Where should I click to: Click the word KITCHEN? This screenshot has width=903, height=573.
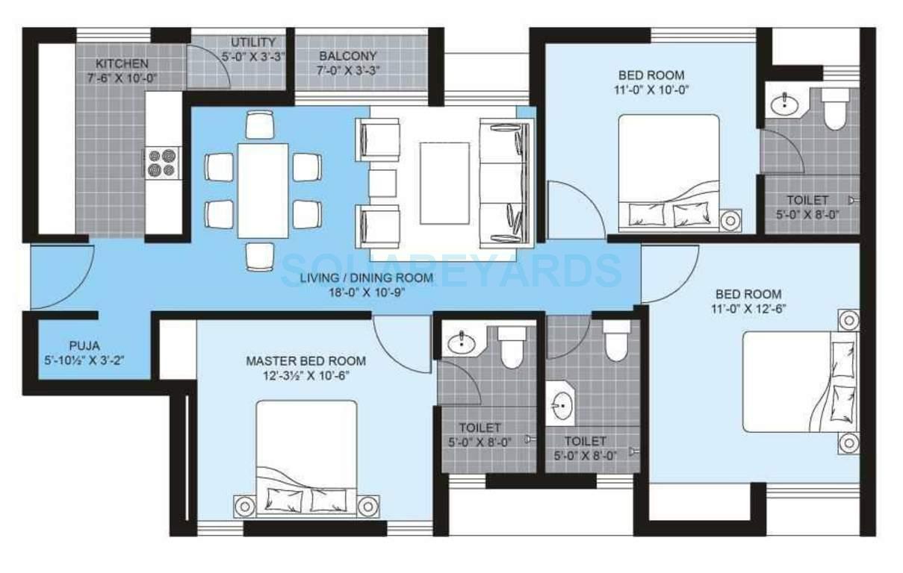tap(122, 64)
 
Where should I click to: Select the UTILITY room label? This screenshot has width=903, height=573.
tap(252, 43)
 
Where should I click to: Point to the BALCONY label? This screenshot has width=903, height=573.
tap(348, 57)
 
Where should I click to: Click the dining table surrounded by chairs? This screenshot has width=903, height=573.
tap(262, 190)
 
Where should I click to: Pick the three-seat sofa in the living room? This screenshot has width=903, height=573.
tap(506, 183)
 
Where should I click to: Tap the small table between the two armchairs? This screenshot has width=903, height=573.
tap(382, 183)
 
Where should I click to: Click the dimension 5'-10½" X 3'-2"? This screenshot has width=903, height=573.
tap(84, 360)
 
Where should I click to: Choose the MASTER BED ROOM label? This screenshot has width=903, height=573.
tap(306, 361)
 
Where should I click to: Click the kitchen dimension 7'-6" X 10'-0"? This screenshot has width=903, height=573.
tap(122, 78)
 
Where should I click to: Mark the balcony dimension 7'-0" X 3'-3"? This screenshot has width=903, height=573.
tap(348, 71)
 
